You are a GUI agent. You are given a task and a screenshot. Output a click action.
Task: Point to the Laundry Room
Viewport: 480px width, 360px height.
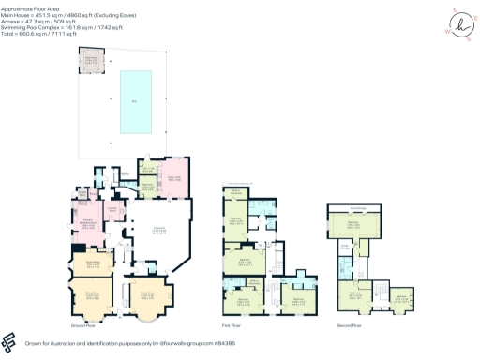[114, 212]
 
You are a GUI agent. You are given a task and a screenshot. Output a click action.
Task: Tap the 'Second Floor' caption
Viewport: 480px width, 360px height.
[350, 325]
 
